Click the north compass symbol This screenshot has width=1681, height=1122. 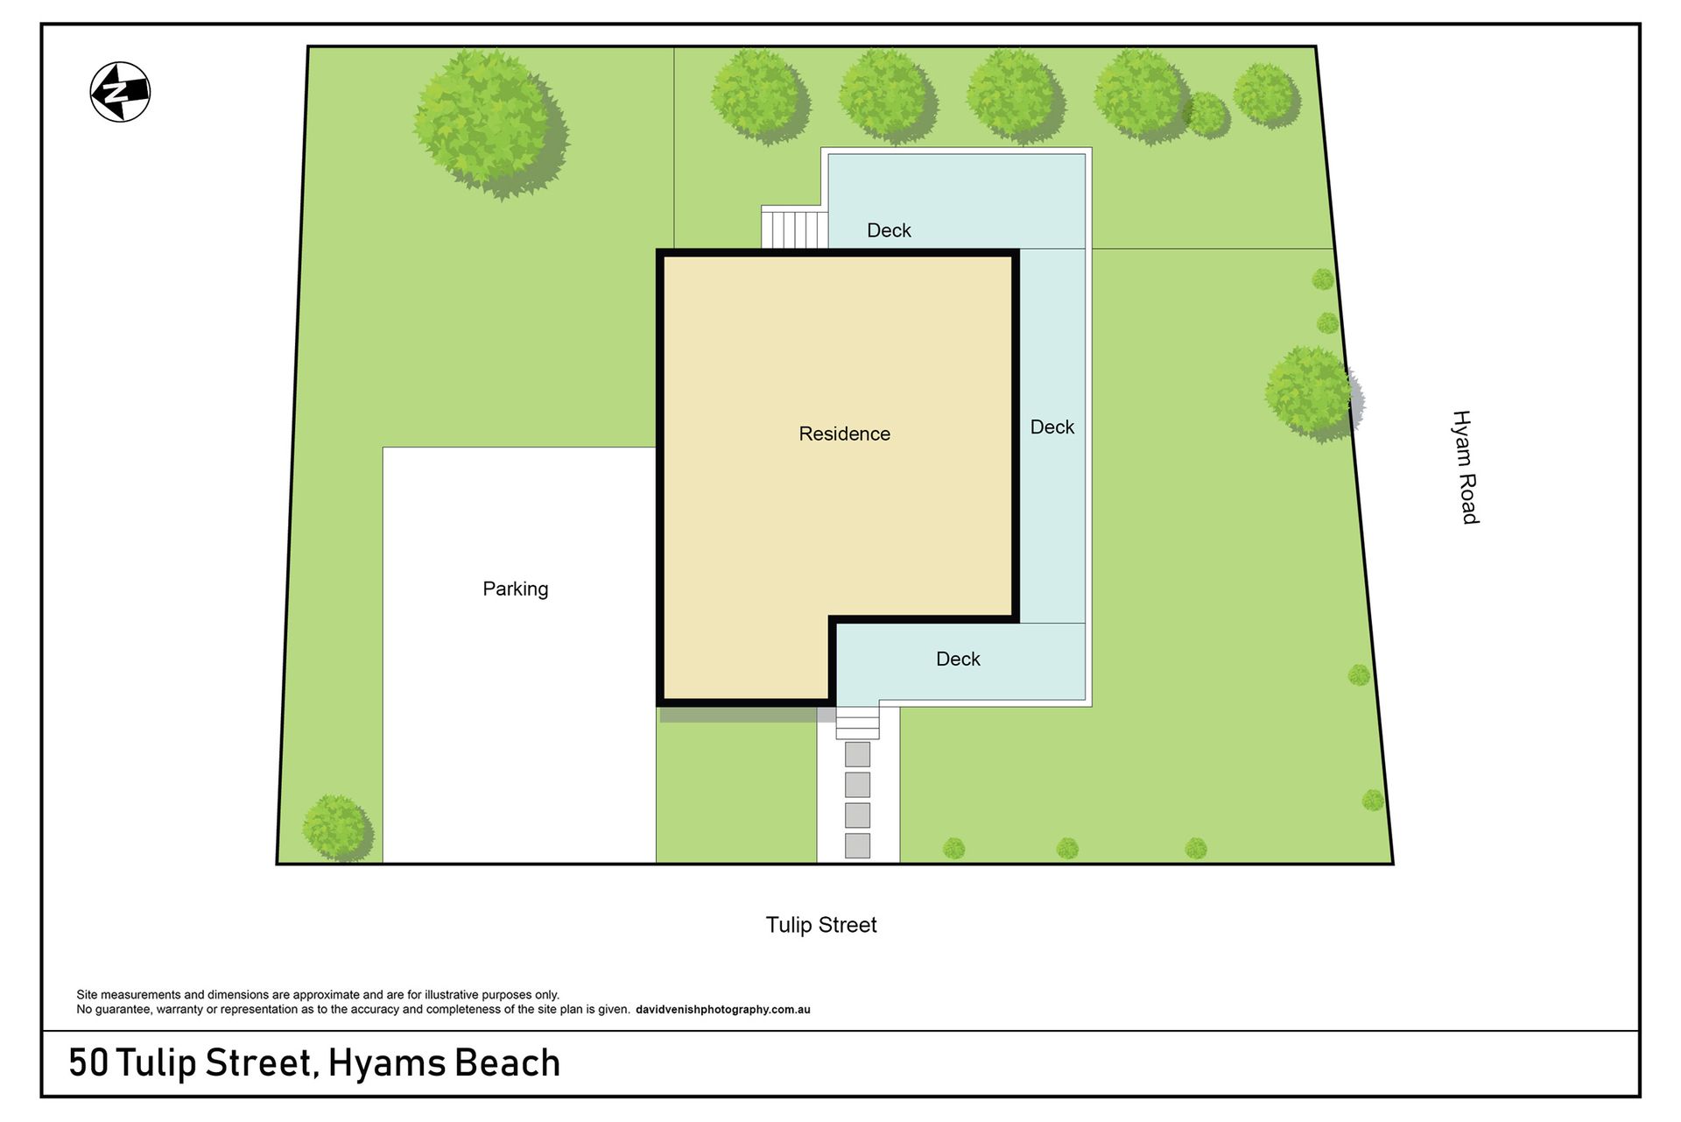pyautogui.click(x=120, y=92)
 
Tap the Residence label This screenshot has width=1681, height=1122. pyautogui.click(x=844, y=434)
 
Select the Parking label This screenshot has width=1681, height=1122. pyautogui.click(x=515, y=589)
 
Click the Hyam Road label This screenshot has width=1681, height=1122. pyautogui.click(x=1466, y=467)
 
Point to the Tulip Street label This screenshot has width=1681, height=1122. pyautogui.click(x=821, y=925)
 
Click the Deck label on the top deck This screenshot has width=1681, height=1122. pyautogui.click(x=889, y=230)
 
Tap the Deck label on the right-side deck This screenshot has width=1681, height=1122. pyautogui.click(x=1052, y=427)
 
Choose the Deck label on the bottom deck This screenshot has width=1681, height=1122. pyautogui.click(x=958, y=659)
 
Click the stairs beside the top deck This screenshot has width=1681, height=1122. pyautogui.click(x=794, y=228)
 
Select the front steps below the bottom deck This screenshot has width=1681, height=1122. pyautogui.click(x=857, y=723)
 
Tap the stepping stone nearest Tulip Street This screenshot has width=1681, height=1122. pyautogui.click(x=857, y=845)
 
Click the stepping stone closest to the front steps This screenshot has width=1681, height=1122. pyautogui.click(x=857, y=754)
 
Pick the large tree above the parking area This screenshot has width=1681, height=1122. pyautogui.click(x=490, y=123)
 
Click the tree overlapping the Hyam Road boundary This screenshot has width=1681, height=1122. pyautogui.click(x=1313, y=394)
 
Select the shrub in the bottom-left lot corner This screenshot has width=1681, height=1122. pyautogui.click(x=337, y=828)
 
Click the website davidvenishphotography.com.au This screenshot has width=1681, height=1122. pyautogui.click(x=723, y=1010)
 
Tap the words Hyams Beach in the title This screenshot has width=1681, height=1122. pyautogui.click(x=444, y=1063)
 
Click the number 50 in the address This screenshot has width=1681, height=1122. pyautogui.click(x=88, y=1063)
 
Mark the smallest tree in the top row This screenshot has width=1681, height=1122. pyautogui.click(x=1206, y=115)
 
